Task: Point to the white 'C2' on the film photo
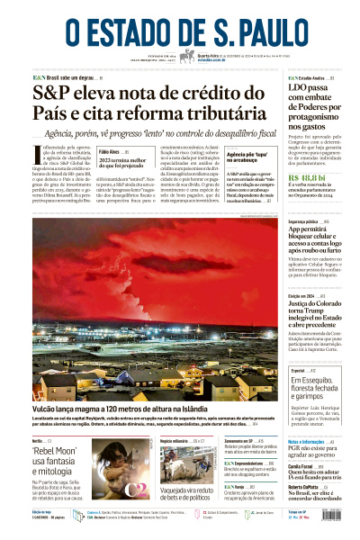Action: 135,488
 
